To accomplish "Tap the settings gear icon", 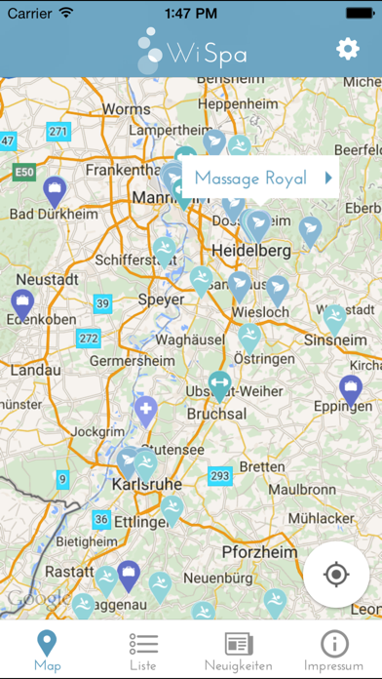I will tap(347, 50).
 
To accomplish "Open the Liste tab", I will tap(143, 651).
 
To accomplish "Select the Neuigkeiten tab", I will tap(239, 651).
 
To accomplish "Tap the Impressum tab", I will tap(334, 651).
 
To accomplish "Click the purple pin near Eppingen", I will tap(351, 388).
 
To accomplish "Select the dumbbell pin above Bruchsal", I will tap(219, 383).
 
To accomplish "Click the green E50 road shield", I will tap(25, 173).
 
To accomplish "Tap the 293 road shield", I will tap(218, 476).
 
